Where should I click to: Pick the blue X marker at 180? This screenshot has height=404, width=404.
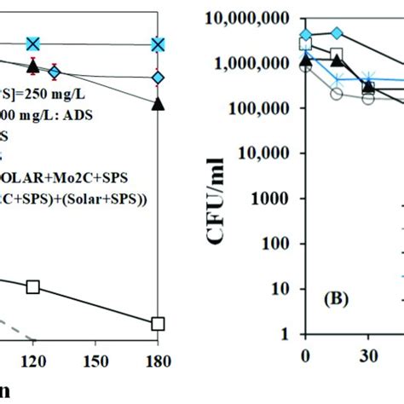(x=158, y=44)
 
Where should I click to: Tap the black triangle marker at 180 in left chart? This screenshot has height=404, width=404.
(x=158, y=103)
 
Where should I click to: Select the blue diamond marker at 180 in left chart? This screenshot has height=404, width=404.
(x=158, y=78)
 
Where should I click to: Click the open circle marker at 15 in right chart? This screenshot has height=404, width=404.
(x=337, y=95)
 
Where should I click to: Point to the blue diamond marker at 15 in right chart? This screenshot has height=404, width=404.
(x=337, y=32)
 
